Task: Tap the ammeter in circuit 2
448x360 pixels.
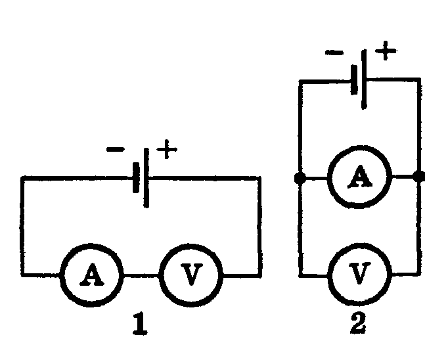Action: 359,177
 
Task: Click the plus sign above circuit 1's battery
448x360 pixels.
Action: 168,150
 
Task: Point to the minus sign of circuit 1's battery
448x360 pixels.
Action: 115,150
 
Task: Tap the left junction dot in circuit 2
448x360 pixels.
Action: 300,177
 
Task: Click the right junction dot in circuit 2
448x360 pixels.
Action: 419,177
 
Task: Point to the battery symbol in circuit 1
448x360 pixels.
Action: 141,177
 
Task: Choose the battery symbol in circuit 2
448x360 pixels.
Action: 359,79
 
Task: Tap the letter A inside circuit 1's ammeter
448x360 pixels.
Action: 92,276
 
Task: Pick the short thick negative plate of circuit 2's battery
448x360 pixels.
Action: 355,79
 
